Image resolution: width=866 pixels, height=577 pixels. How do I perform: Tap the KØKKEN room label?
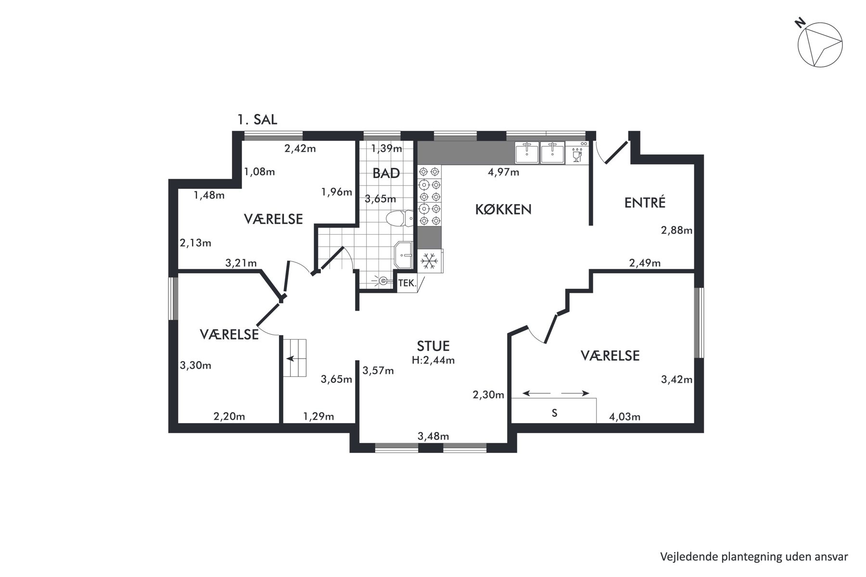(503, 210)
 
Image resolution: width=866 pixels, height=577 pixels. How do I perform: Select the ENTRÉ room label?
(645, 202)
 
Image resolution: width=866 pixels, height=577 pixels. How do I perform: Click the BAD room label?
(386, 173)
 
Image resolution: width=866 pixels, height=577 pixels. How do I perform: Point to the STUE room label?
(433, 346)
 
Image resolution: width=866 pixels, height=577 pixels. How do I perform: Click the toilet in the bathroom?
(400, 219)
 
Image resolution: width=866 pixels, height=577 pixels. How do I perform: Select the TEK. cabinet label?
(407, 284)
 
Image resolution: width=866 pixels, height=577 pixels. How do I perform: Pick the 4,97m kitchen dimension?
(503, 172)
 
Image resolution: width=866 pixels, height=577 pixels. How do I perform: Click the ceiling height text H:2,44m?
(433, 360)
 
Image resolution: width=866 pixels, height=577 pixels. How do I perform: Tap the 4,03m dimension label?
(624, 417)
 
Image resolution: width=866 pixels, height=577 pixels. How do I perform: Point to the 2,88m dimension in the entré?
(676, 230)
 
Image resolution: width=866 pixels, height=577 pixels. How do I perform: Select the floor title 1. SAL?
(257, 119)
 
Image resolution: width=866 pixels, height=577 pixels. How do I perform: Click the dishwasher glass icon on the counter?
(576, 155)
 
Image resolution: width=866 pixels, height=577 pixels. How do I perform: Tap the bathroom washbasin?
(403, 255)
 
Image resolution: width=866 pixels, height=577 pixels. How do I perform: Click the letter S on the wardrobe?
(554, 413)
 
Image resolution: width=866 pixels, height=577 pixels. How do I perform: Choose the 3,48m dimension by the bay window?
(433, 436)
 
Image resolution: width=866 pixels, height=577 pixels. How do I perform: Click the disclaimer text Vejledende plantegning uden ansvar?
(754, 557)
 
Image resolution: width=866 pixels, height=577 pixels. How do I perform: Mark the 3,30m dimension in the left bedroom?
(195, 365)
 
